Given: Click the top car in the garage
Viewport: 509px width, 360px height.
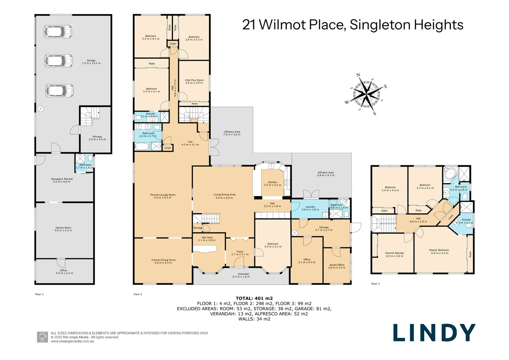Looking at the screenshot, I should click(58, 32).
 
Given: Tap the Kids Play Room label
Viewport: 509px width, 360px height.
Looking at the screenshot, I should click(194, 81).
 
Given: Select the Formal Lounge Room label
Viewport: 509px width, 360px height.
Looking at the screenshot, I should click(163, 196).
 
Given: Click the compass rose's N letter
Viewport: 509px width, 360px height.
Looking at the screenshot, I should click(358, 75).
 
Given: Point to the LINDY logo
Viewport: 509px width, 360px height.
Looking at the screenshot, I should click(434, 333).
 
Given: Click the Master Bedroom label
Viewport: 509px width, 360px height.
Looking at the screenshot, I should click(439, 251).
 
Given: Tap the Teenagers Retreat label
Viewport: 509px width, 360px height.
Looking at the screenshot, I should click(62, 180).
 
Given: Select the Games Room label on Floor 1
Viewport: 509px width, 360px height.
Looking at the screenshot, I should click(63, 229).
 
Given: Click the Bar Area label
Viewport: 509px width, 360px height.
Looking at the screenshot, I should click(207, 239).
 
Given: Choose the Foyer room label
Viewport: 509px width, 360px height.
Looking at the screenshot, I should click(240, 253).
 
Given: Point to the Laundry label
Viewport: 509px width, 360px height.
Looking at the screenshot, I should click(310, 208).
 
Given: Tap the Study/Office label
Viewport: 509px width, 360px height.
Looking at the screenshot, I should click(336, 266).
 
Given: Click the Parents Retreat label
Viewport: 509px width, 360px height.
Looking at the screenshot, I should click(394, 254).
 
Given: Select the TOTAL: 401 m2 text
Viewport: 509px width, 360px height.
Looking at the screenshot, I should click(254, 298).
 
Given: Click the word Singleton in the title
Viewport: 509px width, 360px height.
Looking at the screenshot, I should click(380, 25).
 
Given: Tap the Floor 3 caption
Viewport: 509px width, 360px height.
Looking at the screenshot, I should click(375, 284).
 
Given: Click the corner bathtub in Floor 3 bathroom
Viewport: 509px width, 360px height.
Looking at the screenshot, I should click(450, 174).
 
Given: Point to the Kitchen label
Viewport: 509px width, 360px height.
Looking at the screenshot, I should click(272, 183).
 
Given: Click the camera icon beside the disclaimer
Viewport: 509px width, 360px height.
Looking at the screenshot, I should click(42, 337).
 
